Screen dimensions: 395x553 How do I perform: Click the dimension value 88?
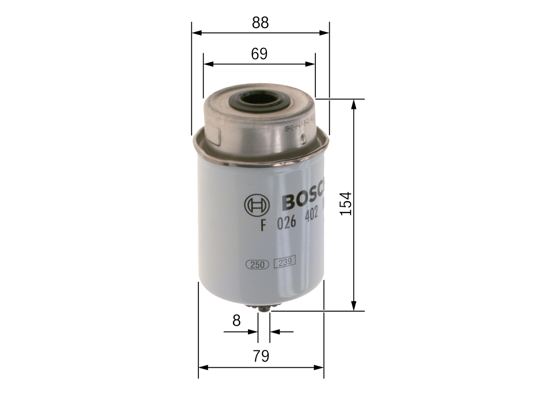(x=260, y=23)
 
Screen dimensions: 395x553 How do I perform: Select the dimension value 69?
(x=259, y=54)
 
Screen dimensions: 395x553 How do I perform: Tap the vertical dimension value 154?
(x=346, y=204)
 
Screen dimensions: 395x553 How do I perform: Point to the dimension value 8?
(x=236, y=321)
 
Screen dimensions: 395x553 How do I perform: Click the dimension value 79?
(x=261, y=357)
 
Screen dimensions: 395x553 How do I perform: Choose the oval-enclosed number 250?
(x=257, y=264)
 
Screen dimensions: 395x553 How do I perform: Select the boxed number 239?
(x=284, y=261)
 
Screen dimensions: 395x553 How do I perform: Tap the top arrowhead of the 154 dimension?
(x=354, y=104)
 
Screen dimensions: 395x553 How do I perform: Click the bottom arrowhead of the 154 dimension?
(x=354, y=306)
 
